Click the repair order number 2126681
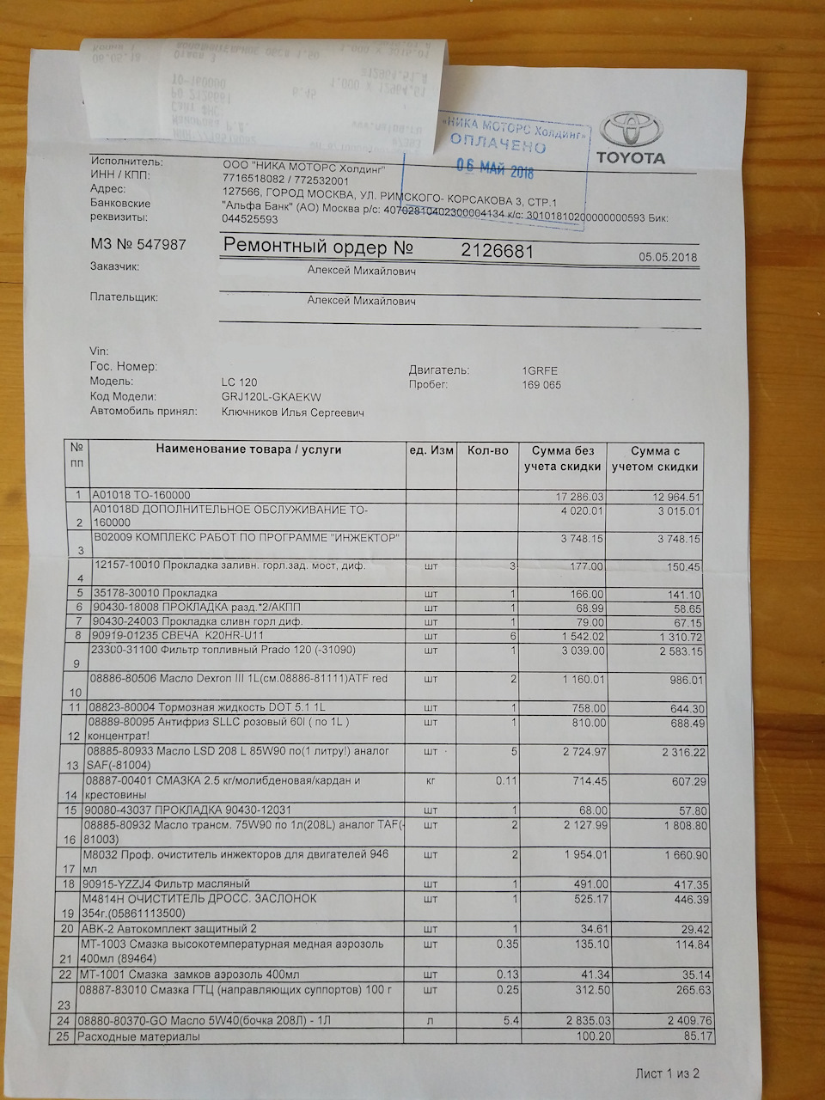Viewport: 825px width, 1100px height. (x=498, y=251)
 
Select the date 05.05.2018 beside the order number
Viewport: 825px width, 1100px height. (x=668, y=257)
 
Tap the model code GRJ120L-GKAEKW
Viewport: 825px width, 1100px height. (x=270, y=397)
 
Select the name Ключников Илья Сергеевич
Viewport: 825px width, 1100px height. (x=292, y=412)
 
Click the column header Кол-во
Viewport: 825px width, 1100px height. (x=488, y=450)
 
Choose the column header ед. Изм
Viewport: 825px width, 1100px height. (x=431, y=450)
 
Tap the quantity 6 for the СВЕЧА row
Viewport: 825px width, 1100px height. (x=512, y=637)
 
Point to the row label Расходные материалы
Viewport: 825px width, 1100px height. (x=138, y=1037)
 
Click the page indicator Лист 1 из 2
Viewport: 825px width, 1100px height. (x=667, y=1072)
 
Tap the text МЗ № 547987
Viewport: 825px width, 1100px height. (x=138, y=245)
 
